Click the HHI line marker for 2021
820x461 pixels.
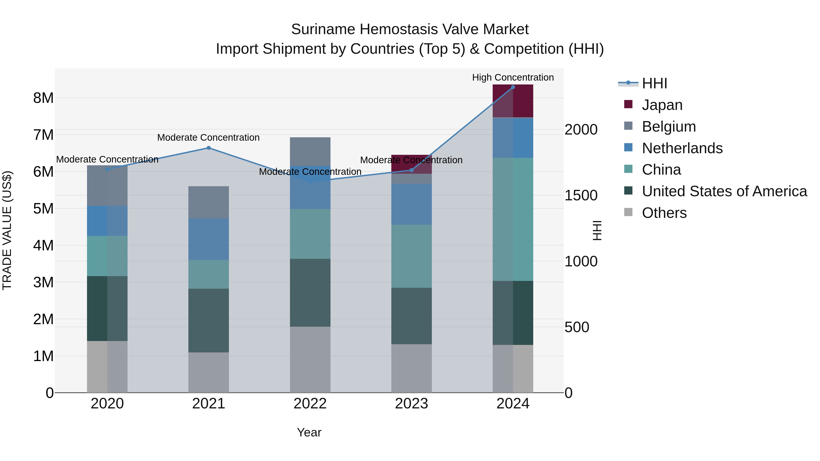point(208,148)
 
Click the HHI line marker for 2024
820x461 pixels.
point(513,87)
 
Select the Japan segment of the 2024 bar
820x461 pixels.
point(513,101)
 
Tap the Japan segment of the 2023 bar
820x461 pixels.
point(411,164)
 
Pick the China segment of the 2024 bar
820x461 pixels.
point(513,219)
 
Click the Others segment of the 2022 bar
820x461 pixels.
point(310,359)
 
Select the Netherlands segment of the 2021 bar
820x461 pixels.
point(208,239)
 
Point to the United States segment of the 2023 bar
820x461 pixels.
point(411,316)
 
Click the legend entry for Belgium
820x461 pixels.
point(669,127)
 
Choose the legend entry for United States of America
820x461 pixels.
point(724,191)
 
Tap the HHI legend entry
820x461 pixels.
point(654,83)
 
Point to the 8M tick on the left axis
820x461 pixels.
point(43,98)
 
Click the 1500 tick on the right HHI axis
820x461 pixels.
point(581,195)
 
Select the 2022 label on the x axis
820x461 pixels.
point(310,404)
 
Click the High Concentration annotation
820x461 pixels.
point(513,77)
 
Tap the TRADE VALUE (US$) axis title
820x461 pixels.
point(7,230)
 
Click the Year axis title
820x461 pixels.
point(309,432)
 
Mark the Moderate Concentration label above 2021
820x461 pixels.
point(208,138)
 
